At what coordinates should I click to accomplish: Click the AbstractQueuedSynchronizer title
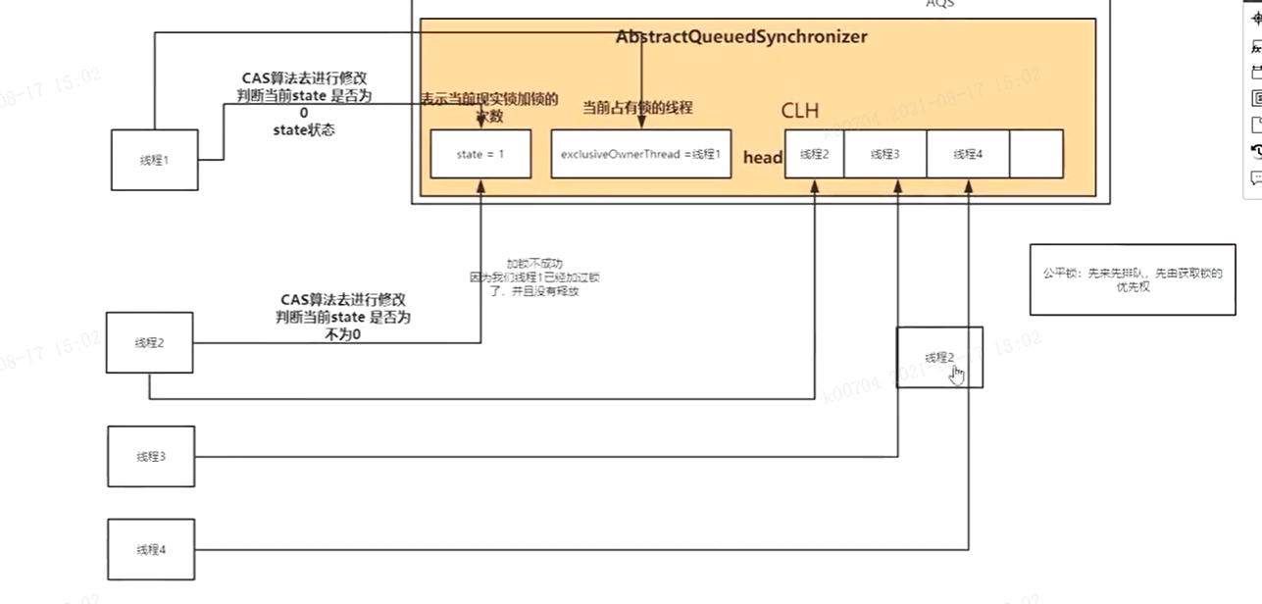741,37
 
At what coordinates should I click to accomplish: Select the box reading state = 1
480,154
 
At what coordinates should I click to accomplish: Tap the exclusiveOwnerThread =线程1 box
640,154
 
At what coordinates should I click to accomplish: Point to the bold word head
763,158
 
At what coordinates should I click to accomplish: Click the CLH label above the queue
799,110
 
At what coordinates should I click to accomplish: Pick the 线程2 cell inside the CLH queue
814,154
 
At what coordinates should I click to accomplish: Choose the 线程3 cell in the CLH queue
883,154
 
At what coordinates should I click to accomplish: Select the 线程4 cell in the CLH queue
966,154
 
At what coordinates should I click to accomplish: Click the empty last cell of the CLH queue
1035,154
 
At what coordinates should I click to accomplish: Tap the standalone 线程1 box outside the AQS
153,160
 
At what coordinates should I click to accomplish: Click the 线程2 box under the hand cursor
938,358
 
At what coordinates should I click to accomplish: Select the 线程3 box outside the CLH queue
150,456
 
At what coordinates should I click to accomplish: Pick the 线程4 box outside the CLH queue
150,549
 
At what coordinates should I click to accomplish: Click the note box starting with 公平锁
1132,279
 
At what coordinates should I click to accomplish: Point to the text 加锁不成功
534,264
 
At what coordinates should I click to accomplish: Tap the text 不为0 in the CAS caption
343,334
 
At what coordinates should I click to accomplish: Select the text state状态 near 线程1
303,129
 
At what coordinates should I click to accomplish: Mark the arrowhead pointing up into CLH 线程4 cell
968,185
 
